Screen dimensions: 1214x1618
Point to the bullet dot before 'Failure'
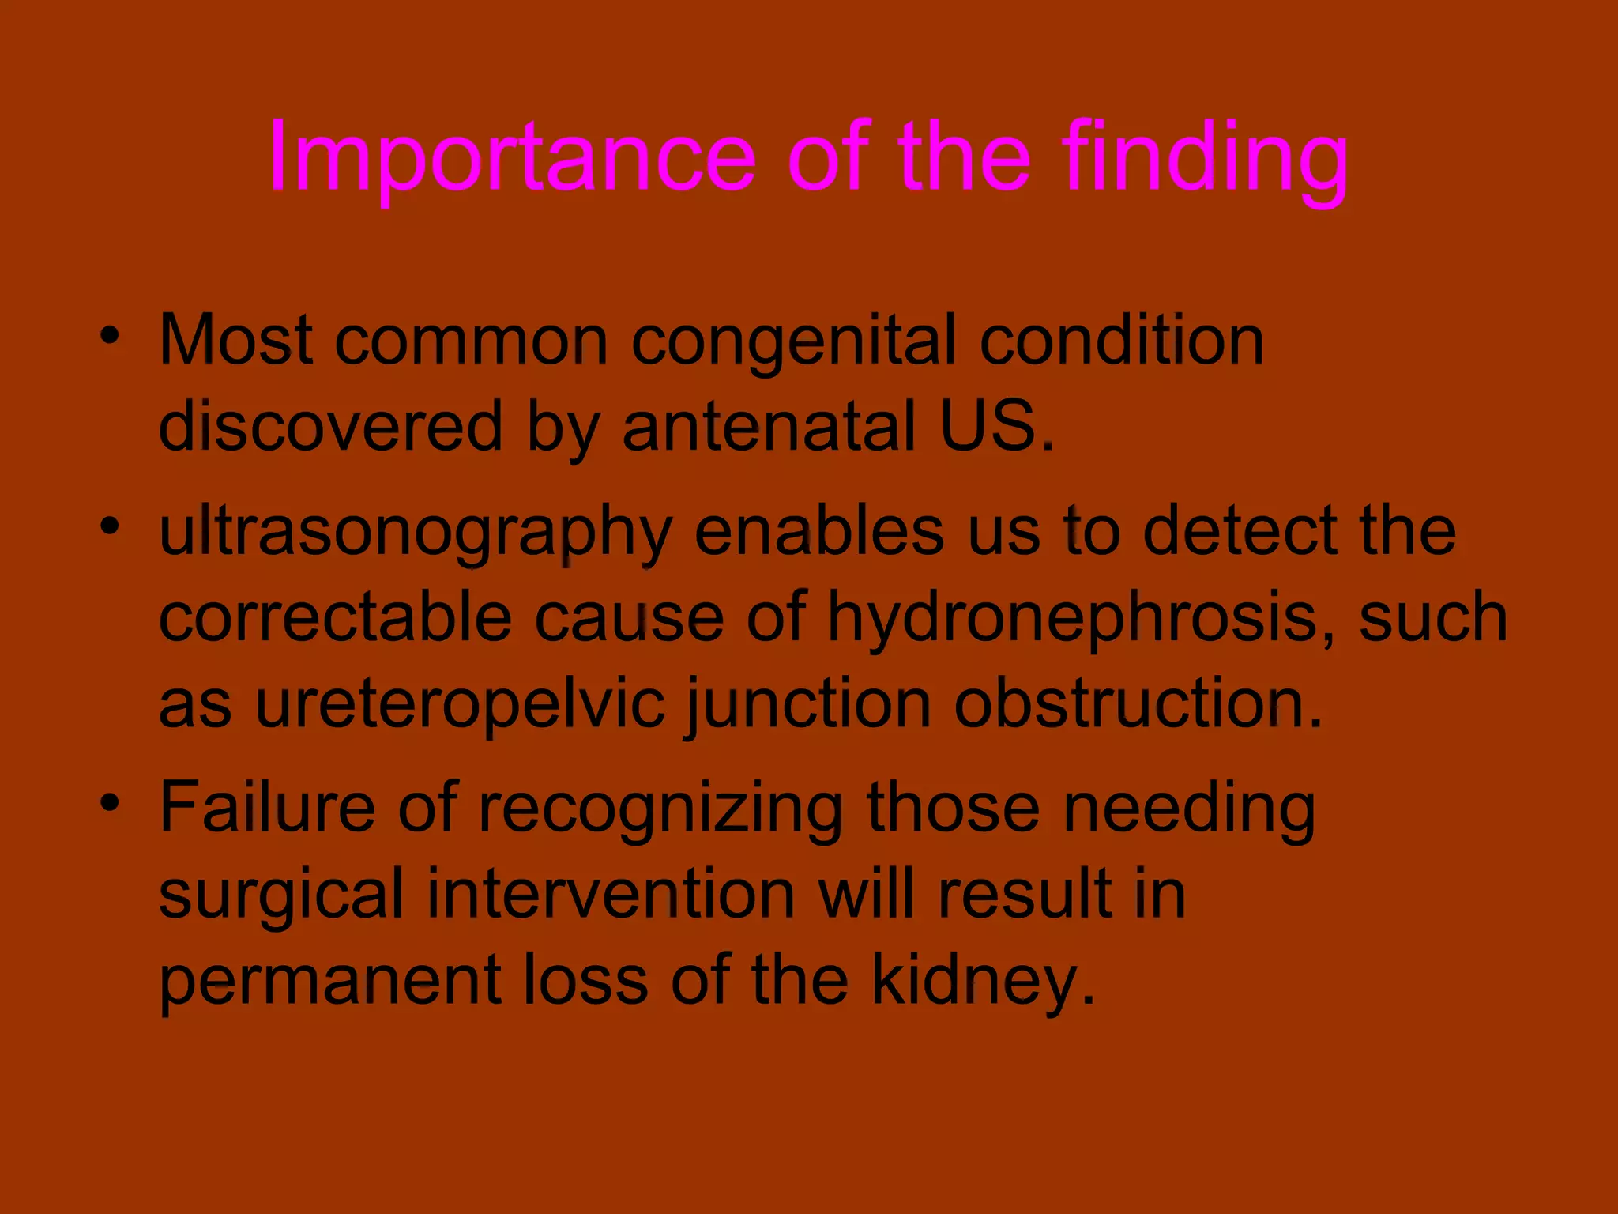click(110, 803)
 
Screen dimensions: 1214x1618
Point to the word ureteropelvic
click(460, 705)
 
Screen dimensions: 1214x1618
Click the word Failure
click(267, 808)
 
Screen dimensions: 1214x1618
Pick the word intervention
click(611, 895)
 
